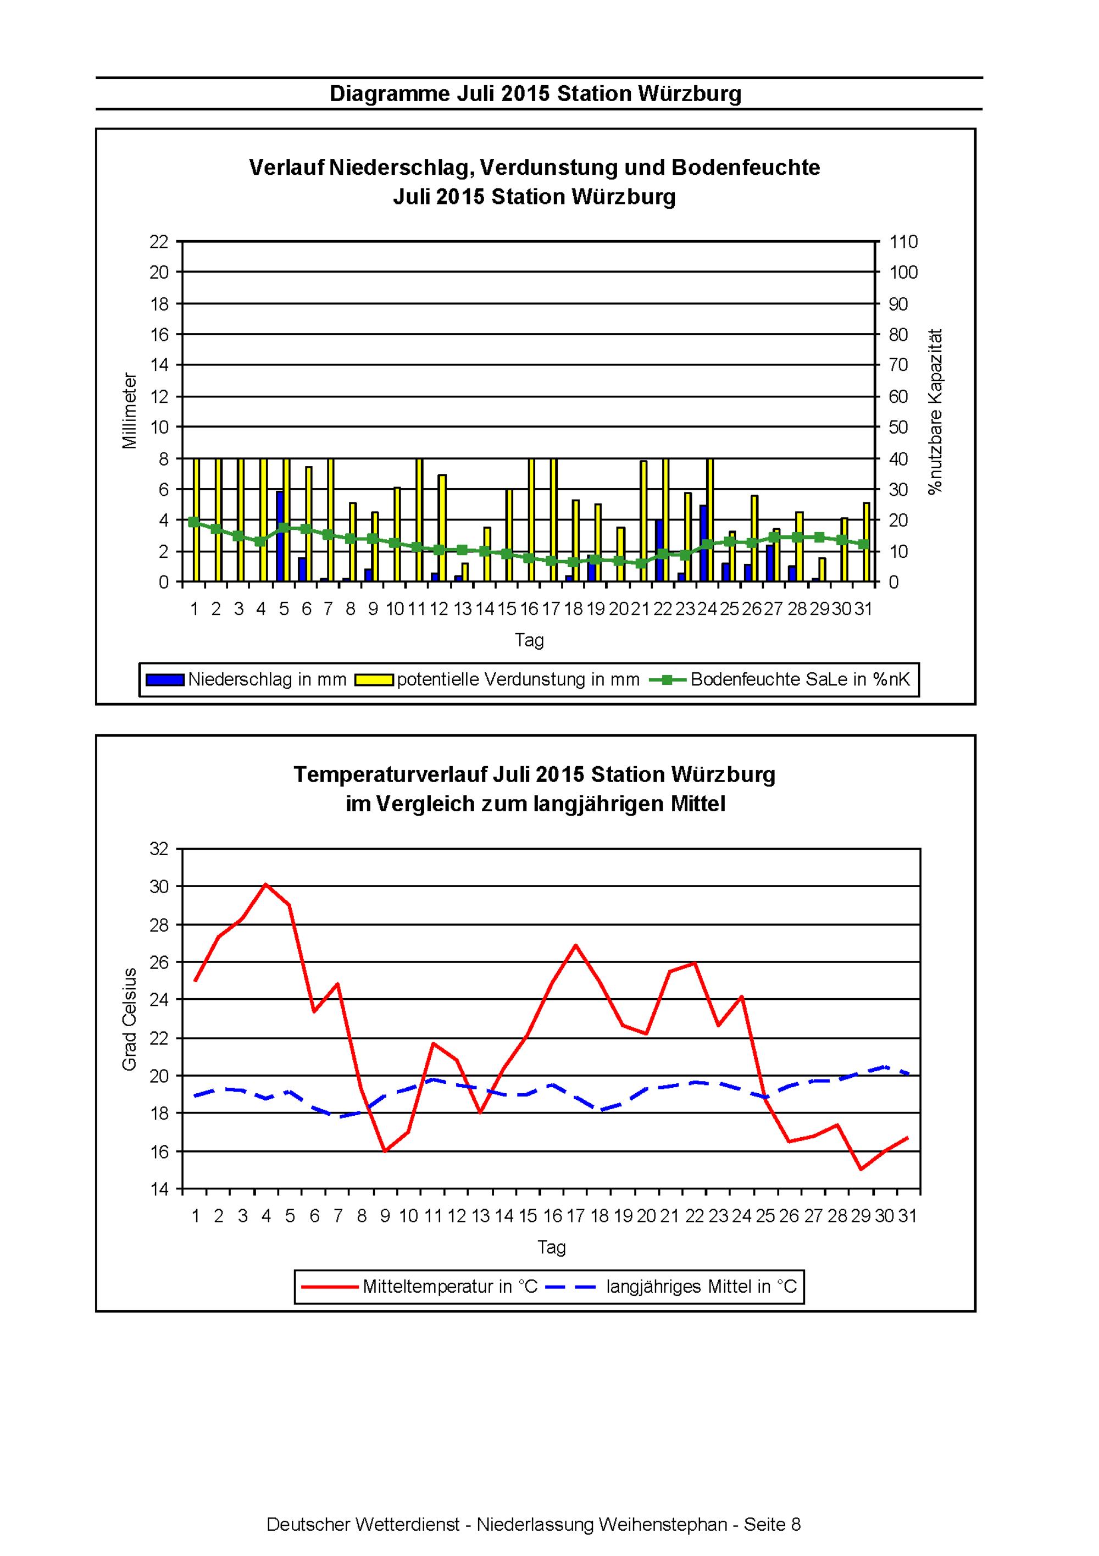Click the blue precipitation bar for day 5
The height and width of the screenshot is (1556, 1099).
279,536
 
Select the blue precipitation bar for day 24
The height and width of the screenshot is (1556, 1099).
703,544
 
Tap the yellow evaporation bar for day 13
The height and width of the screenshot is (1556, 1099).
465,573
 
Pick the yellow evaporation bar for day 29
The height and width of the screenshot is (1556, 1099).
822,570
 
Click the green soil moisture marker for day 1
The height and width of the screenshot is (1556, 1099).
194,522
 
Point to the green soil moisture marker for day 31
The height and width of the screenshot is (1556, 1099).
863,544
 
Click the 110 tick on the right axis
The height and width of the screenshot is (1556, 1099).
903,242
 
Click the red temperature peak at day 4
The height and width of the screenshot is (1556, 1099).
267,884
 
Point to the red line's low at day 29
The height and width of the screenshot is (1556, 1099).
861,1169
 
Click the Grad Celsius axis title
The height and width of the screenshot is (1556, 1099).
130,1018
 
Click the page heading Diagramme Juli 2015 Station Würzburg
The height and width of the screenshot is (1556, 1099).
535,93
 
